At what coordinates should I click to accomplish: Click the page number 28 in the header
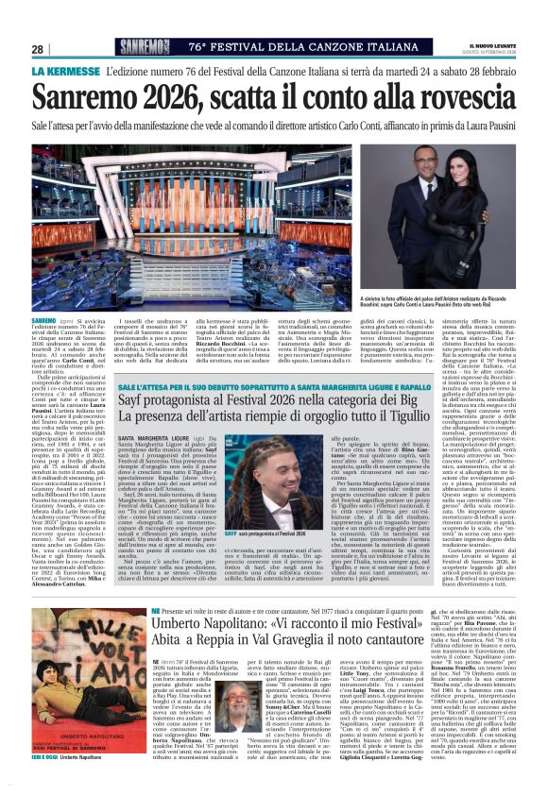point(37,49)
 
